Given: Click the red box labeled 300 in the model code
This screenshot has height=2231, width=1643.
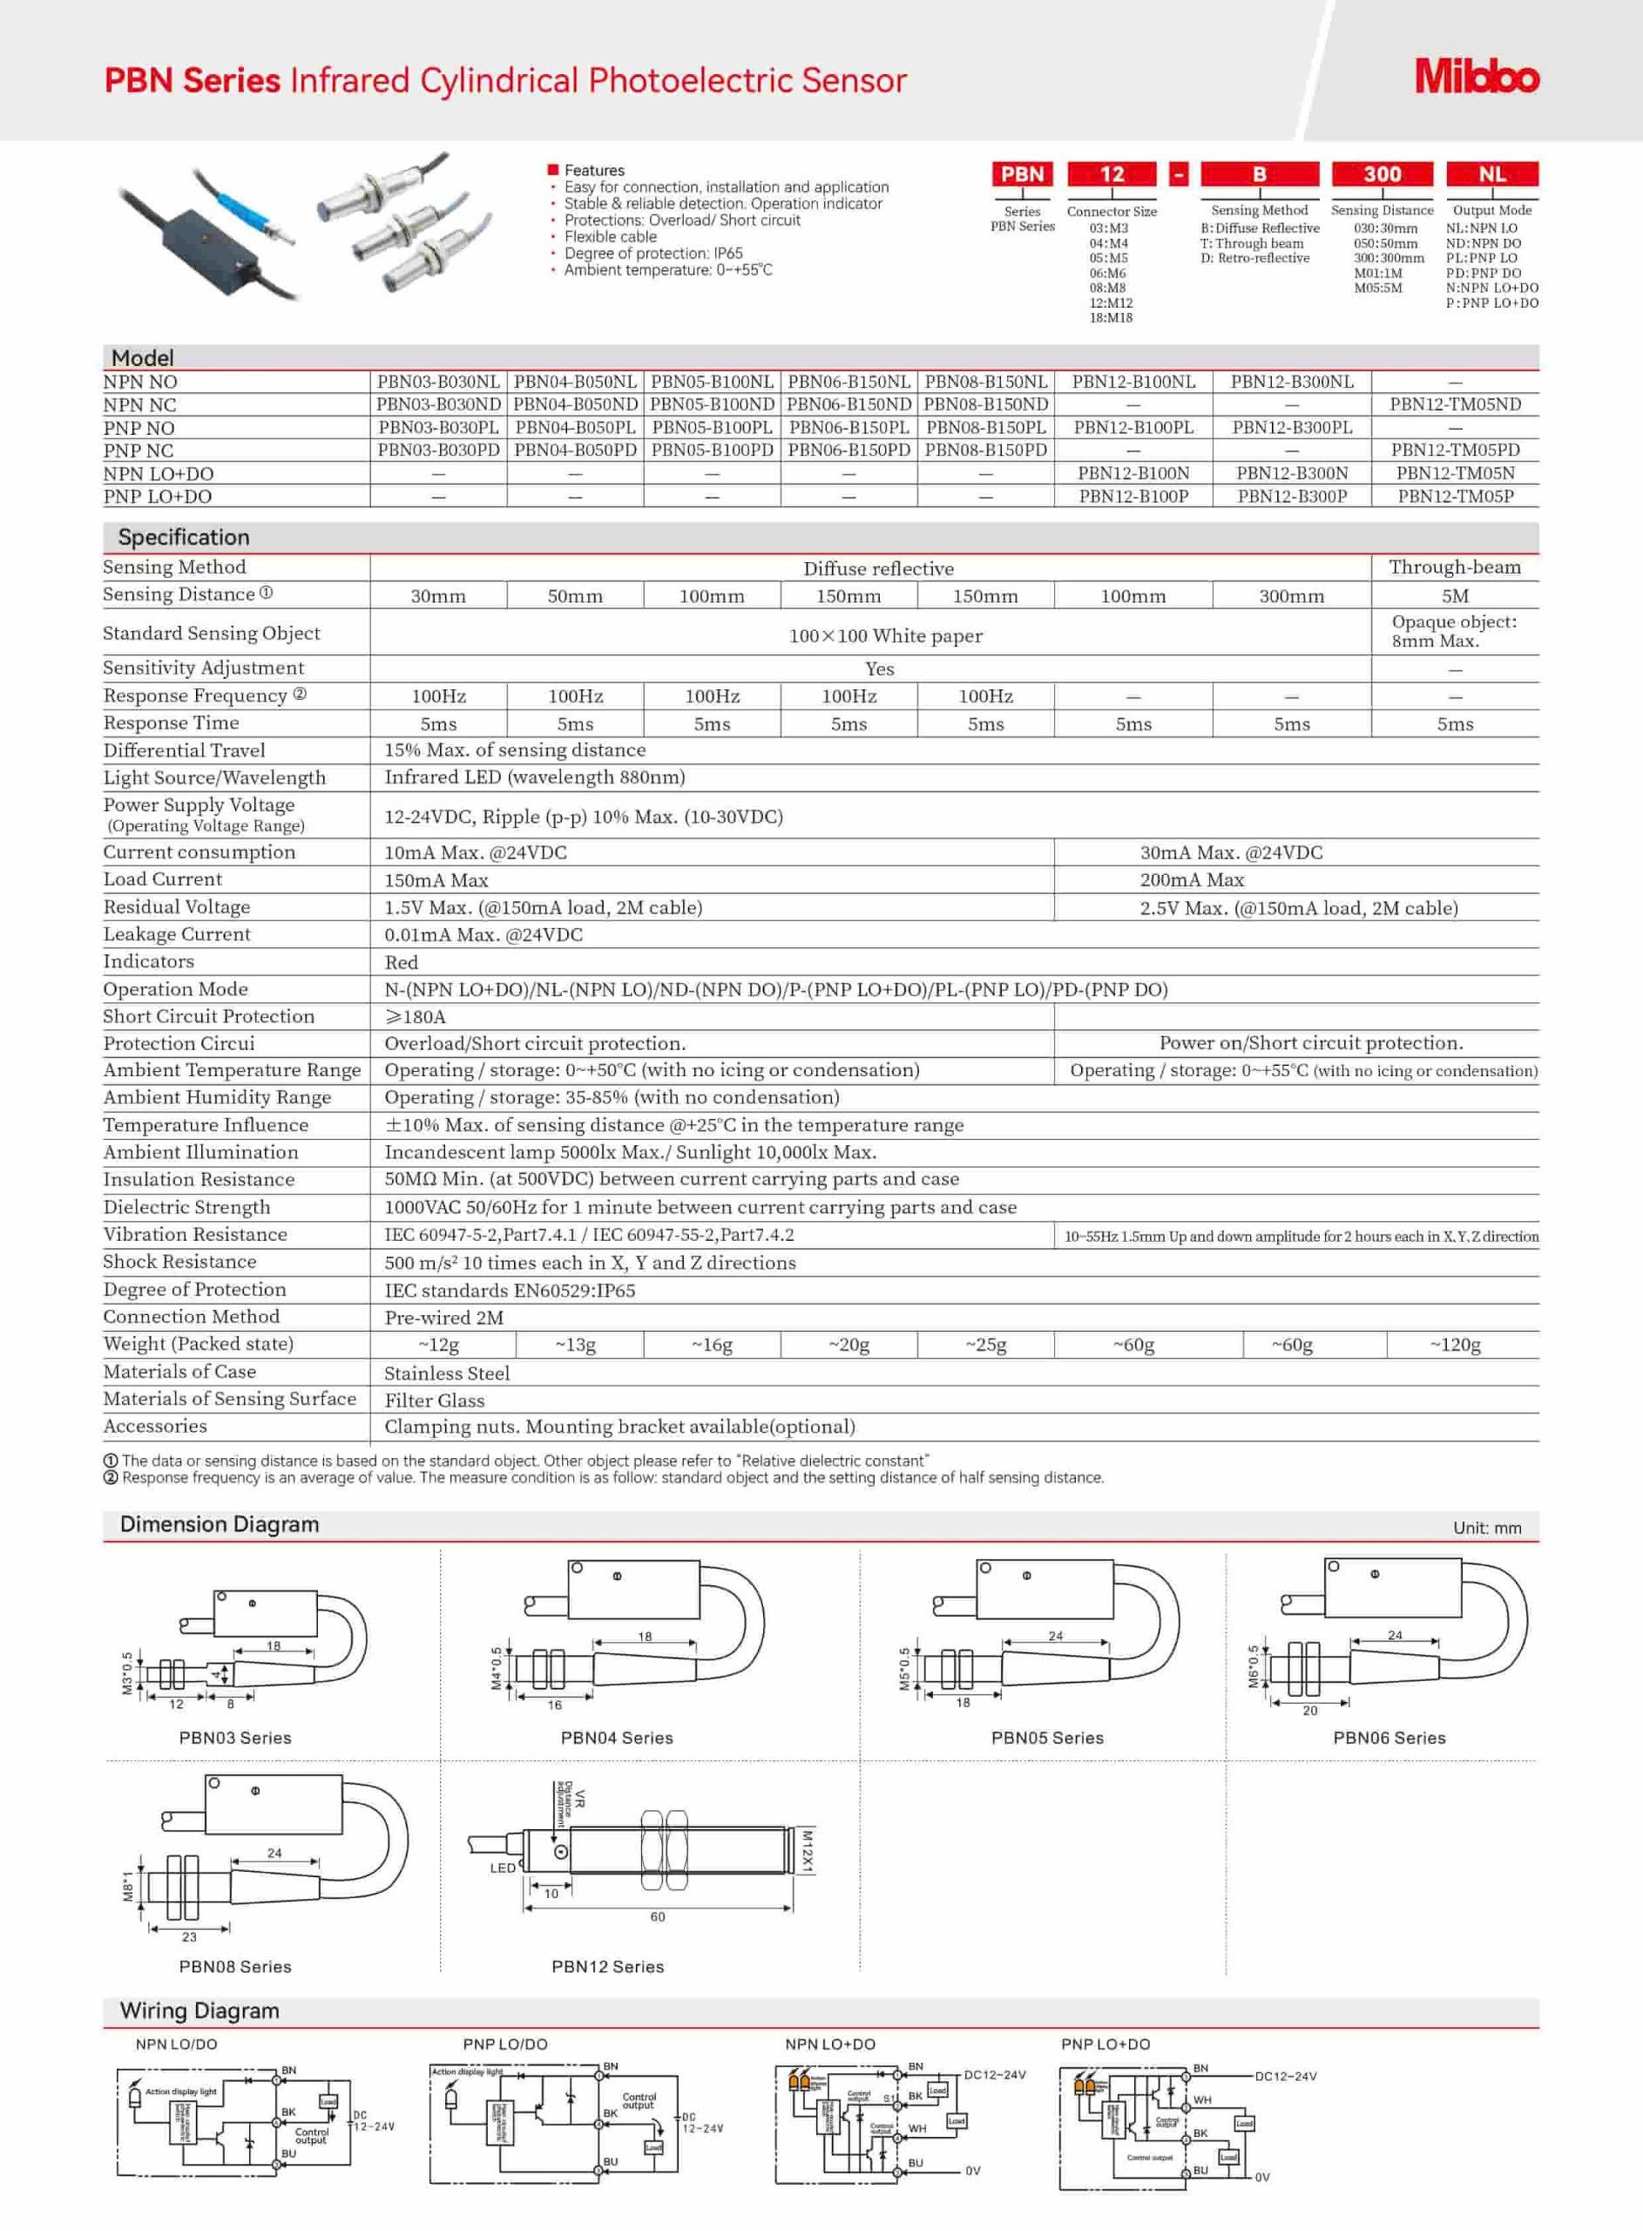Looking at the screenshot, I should pos(1382,174).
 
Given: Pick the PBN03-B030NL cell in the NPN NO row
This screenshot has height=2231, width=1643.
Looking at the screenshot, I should pos(437,382).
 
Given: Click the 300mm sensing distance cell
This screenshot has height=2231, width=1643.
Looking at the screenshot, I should pos(1291,597).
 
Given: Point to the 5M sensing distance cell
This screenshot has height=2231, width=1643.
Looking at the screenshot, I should pos(1454,597).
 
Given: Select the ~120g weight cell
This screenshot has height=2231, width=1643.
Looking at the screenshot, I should pos(1454,1345).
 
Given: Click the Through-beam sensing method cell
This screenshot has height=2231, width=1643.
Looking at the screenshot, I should pos(1454,568).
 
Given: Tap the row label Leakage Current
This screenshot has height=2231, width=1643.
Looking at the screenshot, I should pos(177,934).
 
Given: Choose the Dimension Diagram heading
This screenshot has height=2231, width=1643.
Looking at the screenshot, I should pos(219,1525).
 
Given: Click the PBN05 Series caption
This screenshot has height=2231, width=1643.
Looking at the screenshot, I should pos(1046,1738).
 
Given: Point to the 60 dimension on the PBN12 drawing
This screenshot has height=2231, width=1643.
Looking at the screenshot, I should pos(658,1916).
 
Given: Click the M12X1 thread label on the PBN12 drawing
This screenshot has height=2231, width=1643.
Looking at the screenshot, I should pos(808,1851).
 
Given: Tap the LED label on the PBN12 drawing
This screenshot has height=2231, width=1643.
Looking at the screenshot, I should pos(503,1868).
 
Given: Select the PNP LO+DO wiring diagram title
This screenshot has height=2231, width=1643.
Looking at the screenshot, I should pos(1105,2044).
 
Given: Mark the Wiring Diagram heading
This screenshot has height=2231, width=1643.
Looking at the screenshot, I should pos(199,2011).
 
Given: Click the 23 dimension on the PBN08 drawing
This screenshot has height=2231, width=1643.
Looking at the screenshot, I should pos(189,1936).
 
